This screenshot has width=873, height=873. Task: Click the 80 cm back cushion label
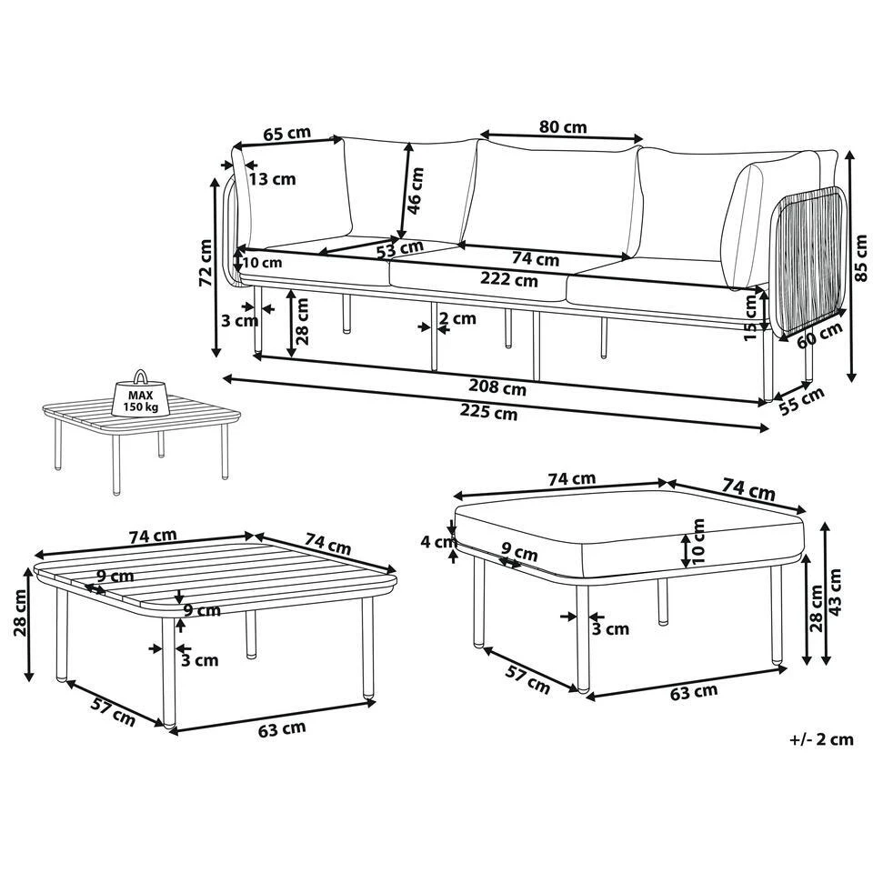tap(562, 127)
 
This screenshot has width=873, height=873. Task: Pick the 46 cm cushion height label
tap(415, 190)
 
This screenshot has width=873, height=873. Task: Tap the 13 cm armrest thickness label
tap(272, 179)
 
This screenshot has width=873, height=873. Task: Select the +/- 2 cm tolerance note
tap(821, 738)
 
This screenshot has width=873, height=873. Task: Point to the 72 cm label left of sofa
tap(206, 264)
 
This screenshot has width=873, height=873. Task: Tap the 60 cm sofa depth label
tap(819, 336)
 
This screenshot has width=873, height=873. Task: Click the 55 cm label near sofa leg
tap(802, 399)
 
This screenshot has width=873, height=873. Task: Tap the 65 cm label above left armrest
tap(286, 134)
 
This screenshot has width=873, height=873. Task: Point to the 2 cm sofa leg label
tap(457, 319)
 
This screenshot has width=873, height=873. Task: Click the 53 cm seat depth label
tap(397, 247)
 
